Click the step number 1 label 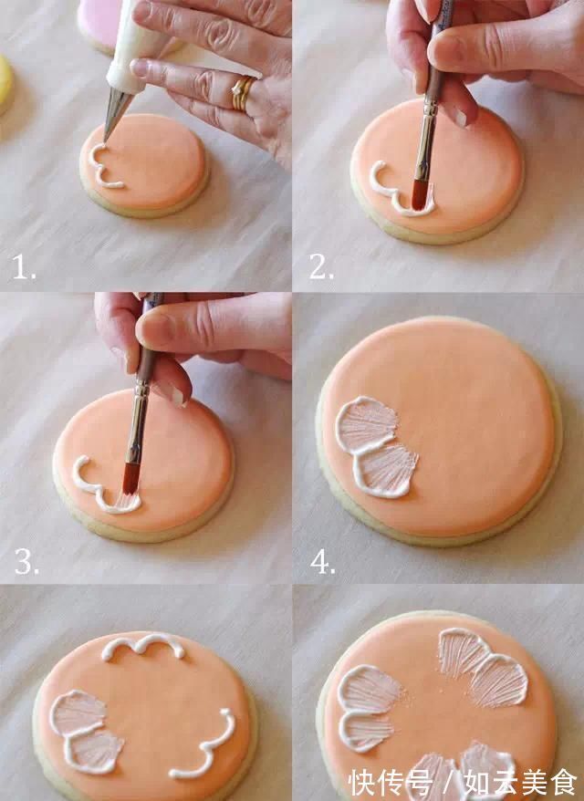point(24,267)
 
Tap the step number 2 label point(321,266)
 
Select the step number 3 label point(26,561)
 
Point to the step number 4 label point(323,562)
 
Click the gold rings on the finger point(241,93)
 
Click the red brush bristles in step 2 point(420,195)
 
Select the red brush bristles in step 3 point(130,479)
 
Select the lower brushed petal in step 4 point(387,471)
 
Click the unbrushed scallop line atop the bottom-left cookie point(143,645)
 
